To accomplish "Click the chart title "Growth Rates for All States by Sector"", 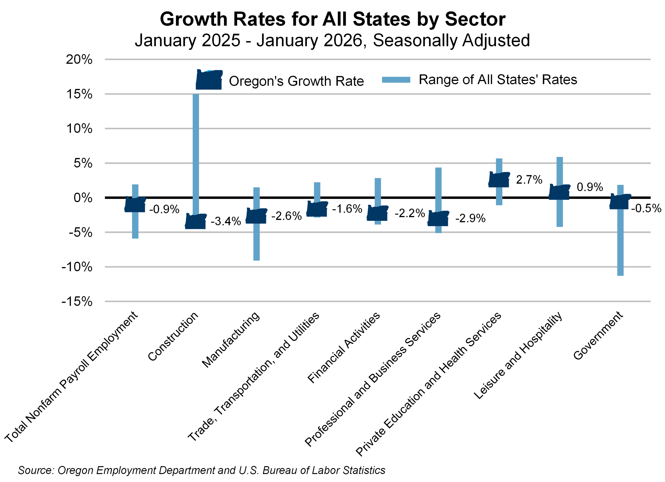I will click(x=332, y=19).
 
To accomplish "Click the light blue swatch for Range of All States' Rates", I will click(x=396, y=80).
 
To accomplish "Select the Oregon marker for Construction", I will click(x=196, y=221).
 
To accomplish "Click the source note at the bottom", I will click(x=201, y=470).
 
